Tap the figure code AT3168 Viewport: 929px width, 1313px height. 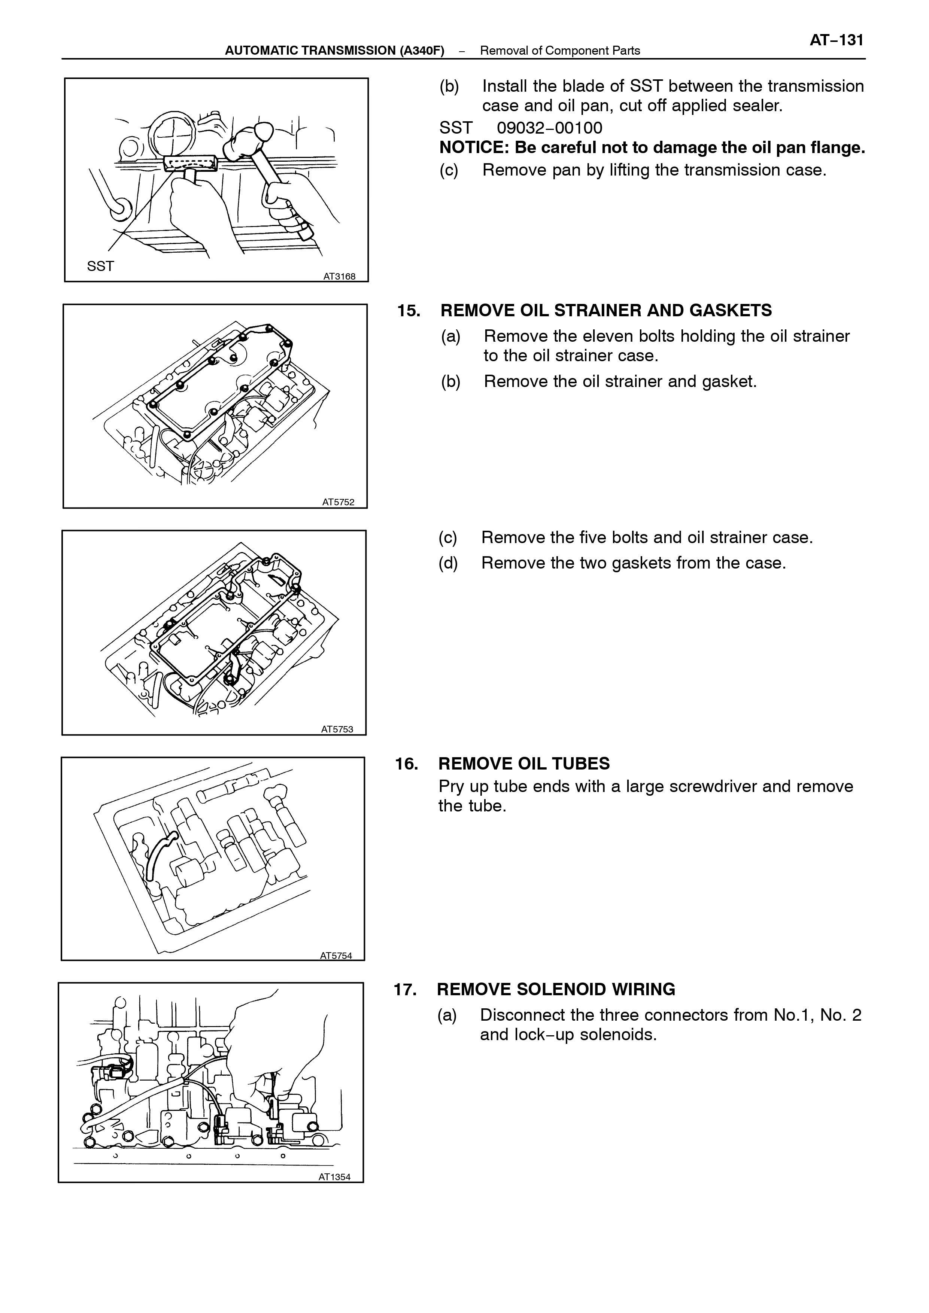[x=339, y=277]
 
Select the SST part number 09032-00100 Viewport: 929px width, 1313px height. [x=549, y=128]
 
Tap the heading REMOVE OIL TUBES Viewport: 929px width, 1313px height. [x=524, y=764]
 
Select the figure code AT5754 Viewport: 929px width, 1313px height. [x=336, y=956]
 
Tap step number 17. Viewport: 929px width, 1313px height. [x=405, y=990]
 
